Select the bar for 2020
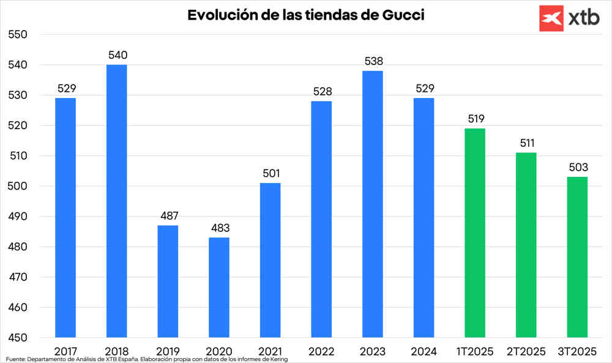(x=219, y=287)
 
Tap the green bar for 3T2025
(x=577, y=257)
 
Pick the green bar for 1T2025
(x=475, y=233)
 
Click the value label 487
(x=168, y=216)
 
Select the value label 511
(x=526, y=143)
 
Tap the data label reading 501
(x=270, y=174)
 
